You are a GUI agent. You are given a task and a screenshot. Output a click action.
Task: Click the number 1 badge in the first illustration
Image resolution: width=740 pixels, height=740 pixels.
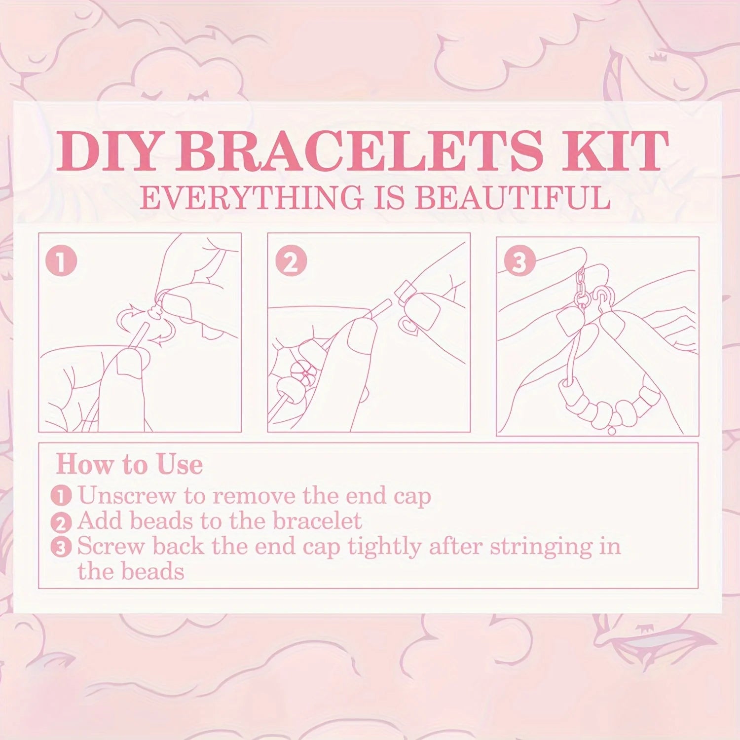click(x=61, y=261)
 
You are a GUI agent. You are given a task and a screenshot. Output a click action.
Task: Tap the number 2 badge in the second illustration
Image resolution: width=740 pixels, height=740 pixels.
click(x=292, y=261)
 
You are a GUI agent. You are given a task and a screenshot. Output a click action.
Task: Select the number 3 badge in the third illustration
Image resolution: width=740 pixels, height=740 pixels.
click(x=519, y=261)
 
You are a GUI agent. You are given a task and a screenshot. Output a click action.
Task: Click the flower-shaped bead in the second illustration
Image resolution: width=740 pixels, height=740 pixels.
click(x=302, y=373)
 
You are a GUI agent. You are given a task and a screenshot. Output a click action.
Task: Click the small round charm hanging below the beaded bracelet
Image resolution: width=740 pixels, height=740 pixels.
click(x=612, y=430)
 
